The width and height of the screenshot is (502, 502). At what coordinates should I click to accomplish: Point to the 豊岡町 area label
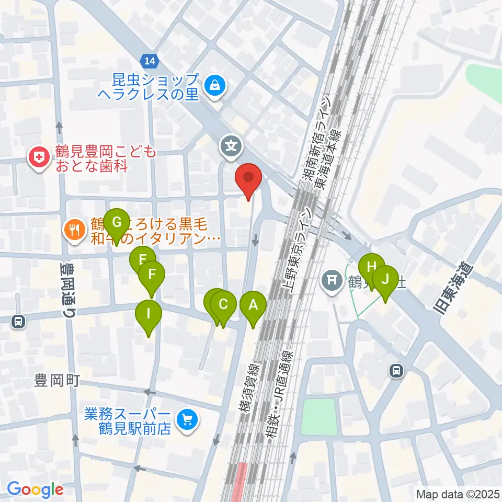click(x=57, y=380)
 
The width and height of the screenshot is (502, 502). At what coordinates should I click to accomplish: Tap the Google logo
click(x=35, y=490)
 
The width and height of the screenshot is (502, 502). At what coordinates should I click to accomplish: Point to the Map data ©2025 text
click(x=457, y=494)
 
